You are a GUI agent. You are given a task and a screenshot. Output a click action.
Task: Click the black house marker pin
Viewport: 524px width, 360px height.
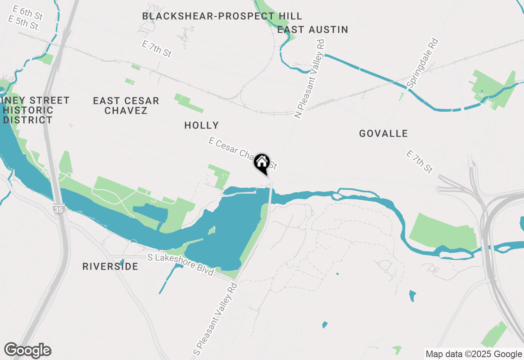pyautogui.click(x=262, y=163)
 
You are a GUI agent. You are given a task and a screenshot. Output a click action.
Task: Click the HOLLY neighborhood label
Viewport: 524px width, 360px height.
pyautogui.click(x=201, y=125)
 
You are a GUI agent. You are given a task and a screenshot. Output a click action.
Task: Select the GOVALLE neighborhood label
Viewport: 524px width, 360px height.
pyautogui.click(x=383, y=133)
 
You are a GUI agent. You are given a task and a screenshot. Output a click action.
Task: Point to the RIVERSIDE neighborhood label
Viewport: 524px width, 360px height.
pyautogui.click(x=110, y=266)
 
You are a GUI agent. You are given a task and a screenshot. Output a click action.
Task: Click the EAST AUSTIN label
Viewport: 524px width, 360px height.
pyautogui.click(x=312, y=29)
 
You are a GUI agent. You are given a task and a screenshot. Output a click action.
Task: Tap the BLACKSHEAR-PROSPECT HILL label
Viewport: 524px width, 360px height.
pyautogui.click(x=222, y=16)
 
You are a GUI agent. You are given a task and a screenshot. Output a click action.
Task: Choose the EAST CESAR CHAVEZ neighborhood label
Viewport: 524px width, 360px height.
pyautogui.click(x=126, y=106)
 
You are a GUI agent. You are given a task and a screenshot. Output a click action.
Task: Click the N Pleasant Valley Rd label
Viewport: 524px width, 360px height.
pyautogui.click(x=310, y=79)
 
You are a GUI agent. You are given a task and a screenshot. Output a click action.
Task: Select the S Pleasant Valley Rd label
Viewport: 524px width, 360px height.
pyautogui.click(x=215, y=318)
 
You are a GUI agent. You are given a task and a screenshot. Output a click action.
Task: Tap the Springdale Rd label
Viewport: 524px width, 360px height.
pyautogui.click(x=422, y=63)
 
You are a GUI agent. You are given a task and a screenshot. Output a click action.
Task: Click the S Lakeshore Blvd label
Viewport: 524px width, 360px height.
pyautogui.click(x=181, y=265)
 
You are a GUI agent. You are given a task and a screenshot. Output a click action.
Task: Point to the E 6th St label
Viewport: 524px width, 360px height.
pyautogui.click(x=28, y=13)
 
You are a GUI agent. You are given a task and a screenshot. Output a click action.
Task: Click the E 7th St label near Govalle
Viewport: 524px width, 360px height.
pyautogui.click(x=419, y=162)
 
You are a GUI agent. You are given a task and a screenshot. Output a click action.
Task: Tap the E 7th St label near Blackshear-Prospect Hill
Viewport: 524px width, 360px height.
pyautogui.click(x=156, y=49)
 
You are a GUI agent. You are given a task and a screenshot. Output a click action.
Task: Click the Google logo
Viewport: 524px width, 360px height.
pyautogui.click(x=28, y=351)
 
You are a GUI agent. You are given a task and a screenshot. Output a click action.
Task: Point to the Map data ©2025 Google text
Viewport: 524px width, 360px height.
pyautogui.click(x=474, y=354)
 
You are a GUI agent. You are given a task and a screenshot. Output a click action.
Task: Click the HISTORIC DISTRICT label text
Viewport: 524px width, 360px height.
pyautogui.click(x=28, y=115)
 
